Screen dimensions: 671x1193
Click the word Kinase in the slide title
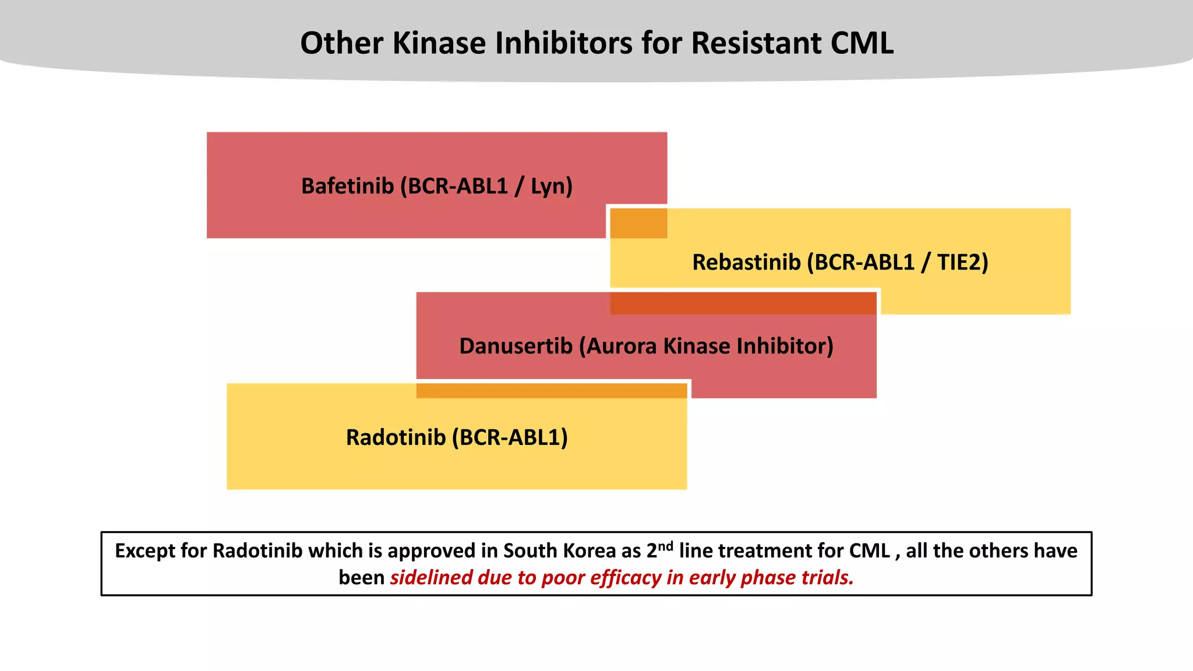click(439, 43)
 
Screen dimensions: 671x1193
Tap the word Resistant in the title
click(756, 43)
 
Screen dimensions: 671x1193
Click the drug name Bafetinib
click(347, 186)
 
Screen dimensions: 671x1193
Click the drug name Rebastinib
click(746, 263)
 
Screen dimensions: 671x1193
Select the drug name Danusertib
click(516, 347)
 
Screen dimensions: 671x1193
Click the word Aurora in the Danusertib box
click(622, 347)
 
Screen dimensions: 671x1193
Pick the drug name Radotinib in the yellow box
click(396, 437)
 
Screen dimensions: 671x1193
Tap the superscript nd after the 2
click(665, 546)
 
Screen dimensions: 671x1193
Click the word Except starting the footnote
click(143, 551)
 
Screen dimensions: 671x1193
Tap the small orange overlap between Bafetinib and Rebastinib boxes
click(638, 224)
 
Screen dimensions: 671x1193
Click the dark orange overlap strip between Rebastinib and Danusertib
click(743, 303)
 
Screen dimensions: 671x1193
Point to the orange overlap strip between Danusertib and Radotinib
click(551, 391)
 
